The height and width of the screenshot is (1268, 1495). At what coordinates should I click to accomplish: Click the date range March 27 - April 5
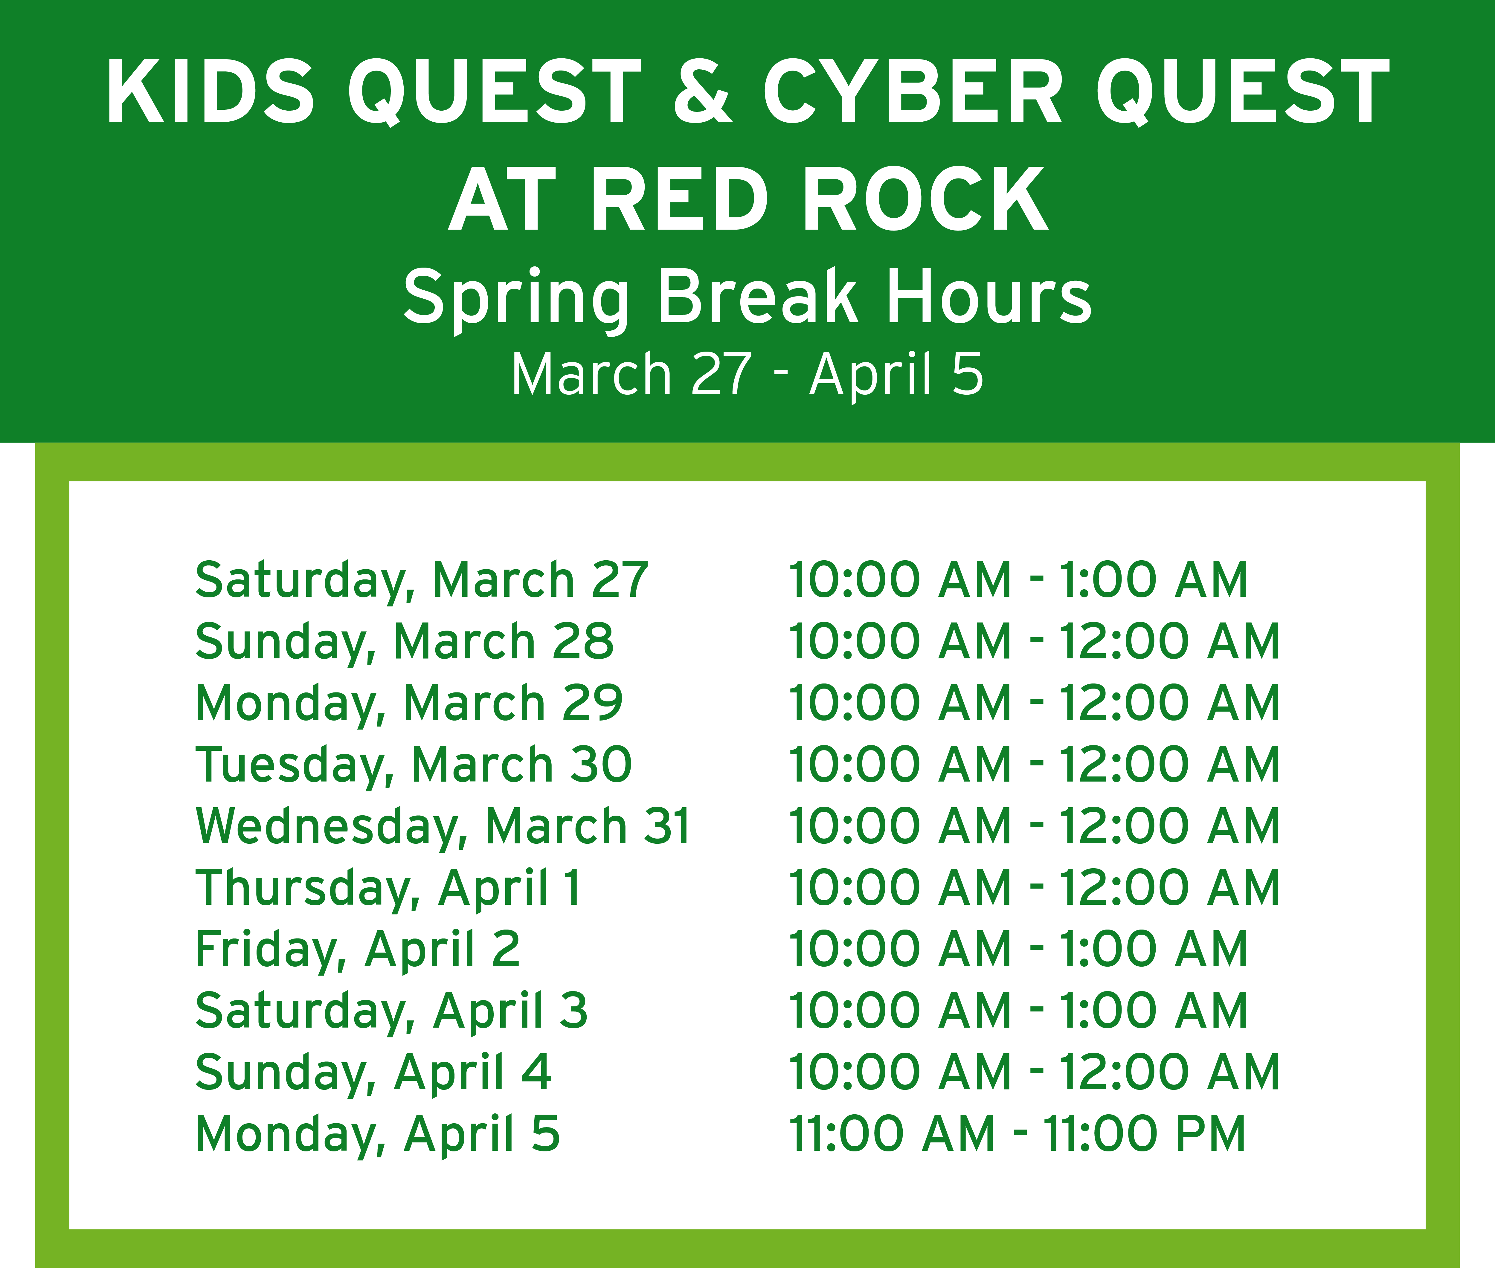pos(747,374)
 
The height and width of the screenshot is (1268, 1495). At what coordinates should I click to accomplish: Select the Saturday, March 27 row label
pos(422,581)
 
